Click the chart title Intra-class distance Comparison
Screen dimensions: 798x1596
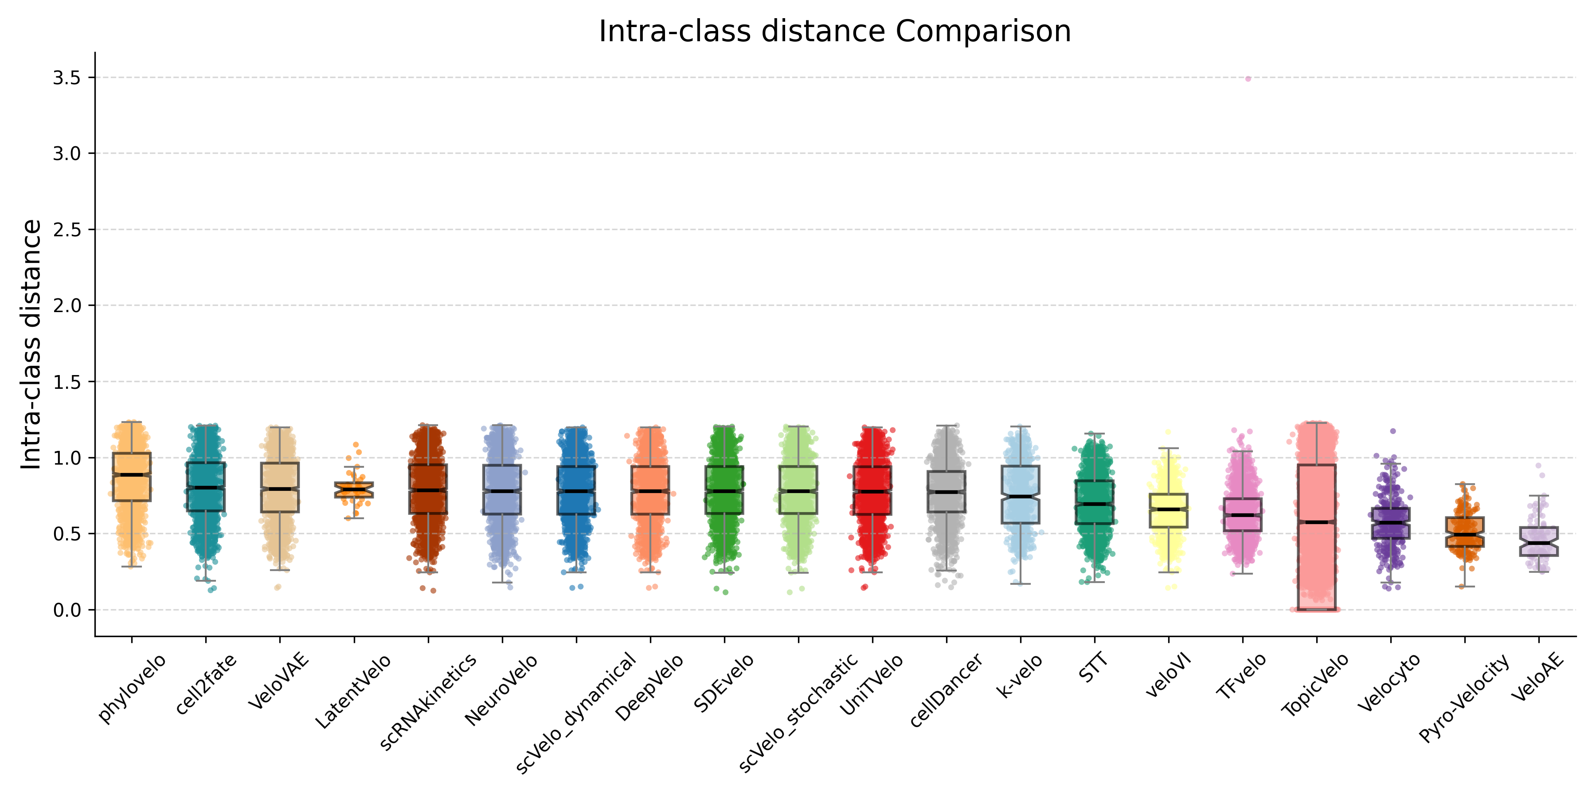pos(834,31)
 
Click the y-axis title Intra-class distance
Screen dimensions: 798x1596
pos(31,344)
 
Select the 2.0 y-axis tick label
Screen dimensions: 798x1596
pos(67,305)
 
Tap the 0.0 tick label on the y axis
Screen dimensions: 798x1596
pos(67,610)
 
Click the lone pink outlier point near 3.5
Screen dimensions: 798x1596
pos(1248,78)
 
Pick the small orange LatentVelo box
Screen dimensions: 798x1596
pos(354,489)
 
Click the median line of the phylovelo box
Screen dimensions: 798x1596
pos(131,474)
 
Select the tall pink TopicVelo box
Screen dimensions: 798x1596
pos(1317,558)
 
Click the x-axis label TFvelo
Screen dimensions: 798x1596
pos(1242,677)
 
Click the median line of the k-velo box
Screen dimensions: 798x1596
pos(1021,496)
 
